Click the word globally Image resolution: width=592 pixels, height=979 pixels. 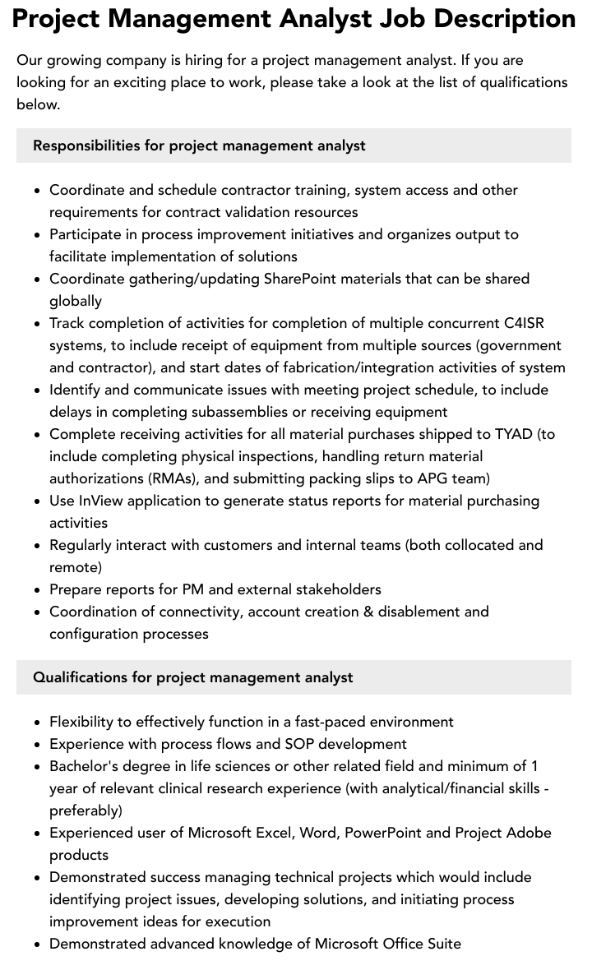click(x=76, y=301)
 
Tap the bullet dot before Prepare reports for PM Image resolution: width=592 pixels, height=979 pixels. click(x=38, y=590)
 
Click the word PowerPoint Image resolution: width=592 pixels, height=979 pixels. click(x=384, y=833)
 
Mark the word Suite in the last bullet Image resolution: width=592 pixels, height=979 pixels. click(x=442, y=944)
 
